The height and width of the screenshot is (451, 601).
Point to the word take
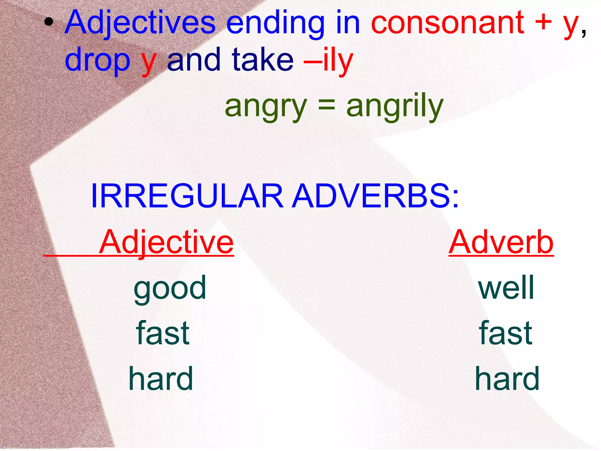[x=262, y=60]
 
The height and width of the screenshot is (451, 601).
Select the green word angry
[x=266, y=107]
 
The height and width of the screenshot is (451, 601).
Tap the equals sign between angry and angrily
[x=326, y=106]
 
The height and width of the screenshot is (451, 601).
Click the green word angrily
[x=395, y=107]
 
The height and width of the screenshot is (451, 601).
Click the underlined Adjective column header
[x=166, y=242]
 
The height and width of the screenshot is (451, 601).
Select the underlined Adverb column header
[x=501, y=242]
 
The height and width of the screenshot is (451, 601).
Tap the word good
[x=170, y=288]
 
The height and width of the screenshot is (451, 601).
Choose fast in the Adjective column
[x=163, y=333]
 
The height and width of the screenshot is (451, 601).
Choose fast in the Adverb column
[x=505, y=333]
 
